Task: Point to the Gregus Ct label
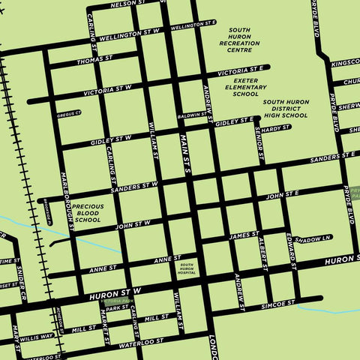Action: click(68, 114)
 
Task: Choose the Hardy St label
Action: click(275, 128)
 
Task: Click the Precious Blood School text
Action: click(88, 212)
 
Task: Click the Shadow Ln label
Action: click(312, 238)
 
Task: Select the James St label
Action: click(244, 235)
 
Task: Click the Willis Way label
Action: click(37, 337)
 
